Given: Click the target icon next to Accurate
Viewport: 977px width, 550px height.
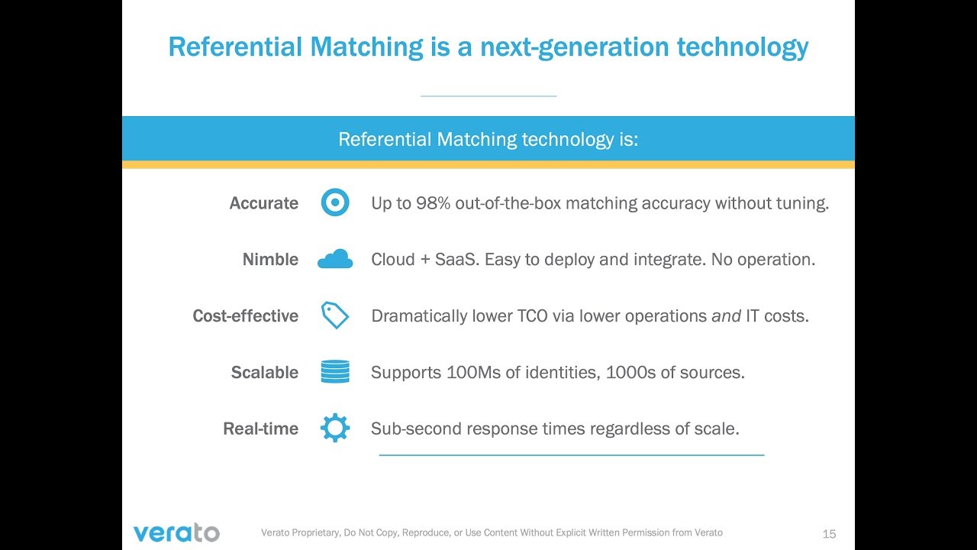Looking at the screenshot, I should [335, 203].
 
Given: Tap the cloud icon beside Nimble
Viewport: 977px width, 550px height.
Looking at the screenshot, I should [335, 260].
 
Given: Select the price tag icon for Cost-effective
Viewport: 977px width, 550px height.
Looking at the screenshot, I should [335, 315].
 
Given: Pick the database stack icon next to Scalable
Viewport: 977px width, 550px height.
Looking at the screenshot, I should [335, 372].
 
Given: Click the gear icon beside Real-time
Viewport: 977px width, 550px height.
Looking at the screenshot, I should [335, 429].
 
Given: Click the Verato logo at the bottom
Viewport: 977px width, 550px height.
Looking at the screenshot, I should [176, 532].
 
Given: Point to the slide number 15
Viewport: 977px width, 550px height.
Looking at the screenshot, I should [829, 534].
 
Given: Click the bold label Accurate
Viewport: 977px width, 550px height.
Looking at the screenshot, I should [264, 203].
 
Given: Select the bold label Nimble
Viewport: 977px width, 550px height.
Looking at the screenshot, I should [270, 260].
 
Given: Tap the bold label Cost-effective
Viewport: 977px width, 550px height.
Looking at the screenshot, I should [245, 316].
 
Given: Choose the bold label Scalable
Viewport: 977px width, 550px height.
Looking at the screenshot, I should [265, 373].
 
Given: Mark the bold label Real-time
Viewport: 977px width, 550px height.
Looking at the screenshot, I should [260, 429].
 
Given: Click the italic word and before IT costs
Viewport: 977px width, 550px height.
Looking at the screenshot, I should [726, 316].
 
